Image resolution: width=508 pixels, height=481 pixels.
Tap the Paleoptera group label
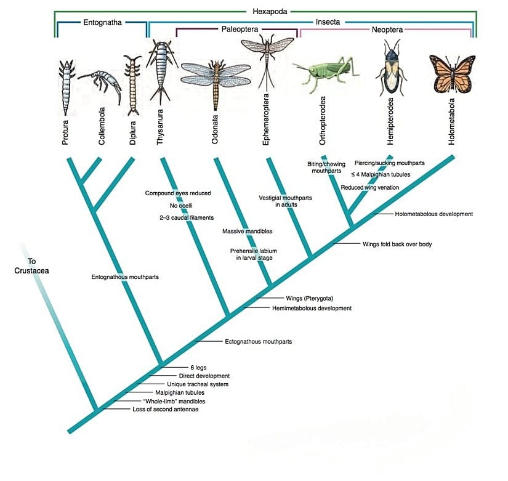point(236,28)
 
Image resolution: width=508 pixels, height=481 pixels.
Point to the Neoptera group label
point(387,29)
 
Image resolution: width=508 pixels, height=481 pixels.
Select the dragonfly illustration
point(216,77)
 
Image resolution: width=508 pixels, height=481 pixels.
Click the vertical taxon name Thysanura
point(160,127)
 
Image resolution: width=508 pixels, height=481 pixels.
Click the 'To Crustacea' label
point(27,265)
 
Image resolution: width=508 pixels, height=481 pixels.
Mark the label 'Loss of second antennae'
point(165,409)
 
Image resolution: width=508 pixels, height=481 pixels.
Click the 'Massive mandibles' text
point(247,231)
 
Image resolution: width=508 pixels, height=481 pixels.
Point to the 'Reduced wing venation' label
point(369,187)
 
